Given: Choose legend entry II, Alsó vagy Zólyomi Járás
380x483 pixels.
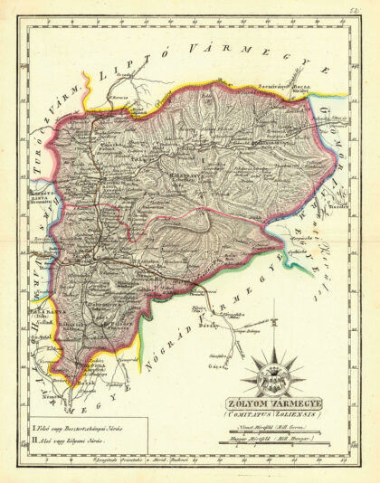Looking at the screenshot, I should coord(72,439).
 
